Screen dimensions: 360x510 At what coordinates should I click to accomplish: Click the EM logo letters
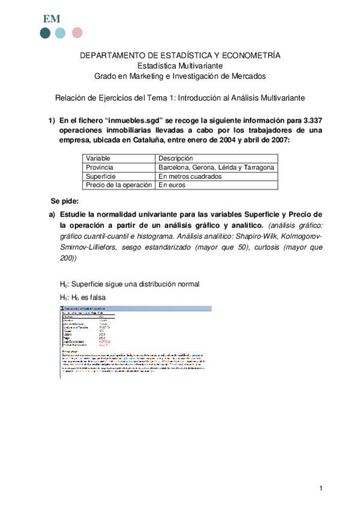[51, 18]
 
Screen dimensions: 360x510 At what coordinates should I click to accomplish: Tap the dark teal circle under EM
[45, 33]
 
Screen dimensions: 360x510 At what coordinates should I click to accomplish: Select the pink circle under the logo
[77, 33]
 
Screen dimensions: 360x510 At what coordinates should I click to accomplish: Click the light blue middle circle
[61, 33]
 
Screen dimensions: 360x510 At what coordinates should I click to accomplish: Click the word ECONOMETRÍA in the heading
[252, 55]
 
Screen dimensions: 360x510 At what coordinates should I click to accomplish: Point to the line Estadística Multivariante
[180, 66]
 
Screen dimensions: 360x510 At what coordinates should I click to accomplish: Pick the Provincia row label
[100, 167]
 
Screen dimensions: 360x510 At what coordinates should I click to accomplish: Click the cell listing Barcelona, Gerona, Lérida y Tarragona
[216, 167]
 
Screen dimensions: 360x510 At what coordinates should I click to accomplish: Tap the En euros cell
[172, 186]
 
